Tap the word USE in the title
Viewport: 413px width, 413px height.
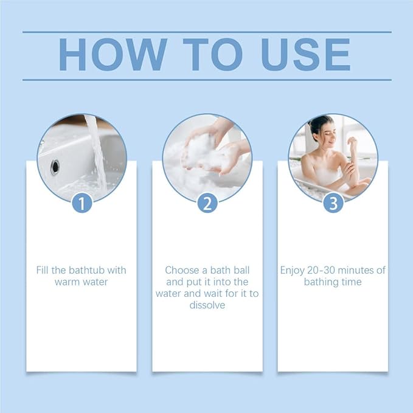306,55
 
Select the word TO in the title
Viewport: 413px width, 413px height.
212,55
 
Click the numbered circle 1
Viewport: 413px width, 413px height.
82,203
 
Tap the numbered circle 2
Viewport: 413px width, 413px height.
207,203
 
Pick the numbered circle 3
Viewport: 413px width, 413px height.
333,203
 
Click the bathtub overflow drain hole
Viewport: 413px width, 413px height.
55,167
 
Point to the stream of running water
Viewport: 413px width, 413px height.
97,153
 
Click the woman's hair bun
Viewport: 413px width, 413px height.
312,125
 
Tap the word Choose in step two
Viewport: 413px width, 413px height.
182,270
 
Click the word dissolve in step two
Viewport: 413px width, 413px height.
207,305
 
